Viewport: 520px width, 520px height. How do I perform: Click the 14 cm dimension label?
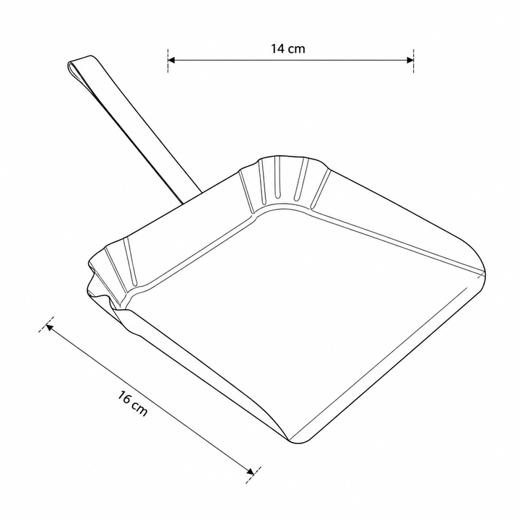288,49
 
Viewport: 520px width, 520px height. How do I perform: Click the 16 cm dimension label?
132,403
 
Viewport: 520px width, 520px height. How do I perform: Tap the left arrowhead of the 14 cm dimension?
171,60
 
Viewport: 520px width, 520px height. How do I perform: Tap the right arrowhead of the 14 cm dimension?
410,60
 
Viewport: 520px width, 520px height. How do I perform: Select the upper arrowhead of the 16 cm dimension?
49,327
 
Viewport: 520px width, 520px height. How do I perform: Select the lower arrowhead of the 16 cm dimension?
251,471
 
